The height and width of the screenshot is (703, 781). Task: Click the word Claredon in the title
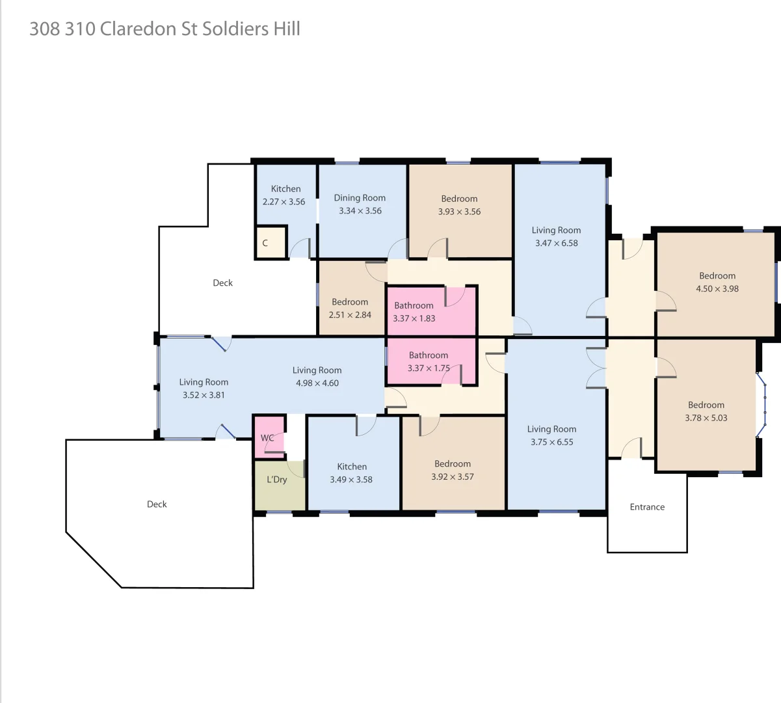[138, 29]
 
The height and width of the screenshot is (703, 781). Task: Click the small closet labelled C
[265, 243]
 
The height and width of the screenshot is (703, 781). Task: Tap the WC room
[268, 437]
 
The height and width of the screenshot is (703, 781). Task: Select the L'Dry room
[277, 480]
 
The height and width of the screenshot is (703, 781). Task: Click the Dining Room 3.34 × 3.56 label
[360, 204]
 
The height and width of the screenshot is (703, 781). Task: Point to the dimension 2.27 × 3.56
[284, 202]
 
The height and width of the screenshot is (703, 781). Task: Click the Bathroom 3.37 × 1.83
[414, 312]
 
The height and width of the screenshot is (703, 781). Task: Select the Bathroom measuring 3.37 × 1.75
[429, 362]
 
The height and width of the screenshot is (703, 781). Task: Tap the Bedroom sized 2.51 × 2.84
[350, 309]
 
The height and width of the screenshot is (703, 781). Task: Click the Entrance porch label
[647, 507]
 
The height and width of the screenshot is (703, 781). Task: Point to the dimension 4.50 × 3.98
[717, 289]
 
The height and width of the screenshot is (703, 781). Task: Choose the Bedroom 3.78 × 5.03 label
[706, 411]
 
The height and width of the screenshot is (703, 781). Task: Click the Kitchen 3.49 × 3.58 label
[352, 473]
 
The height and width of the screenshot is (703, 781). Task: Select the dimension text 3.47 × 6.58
[557, 243]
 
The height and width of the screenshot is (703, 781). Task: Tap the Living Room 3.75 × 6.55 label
[551, 435]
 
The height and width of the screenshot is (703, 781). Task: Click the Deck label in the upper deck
[222, 283]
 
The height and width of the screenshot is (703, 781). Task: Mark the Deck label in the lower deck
[157, 504]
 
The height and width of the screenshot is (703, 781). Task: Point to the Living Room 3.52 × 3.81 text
[204, 389]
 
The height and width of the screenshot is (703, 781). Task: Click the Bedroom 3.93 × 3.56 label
[459, 205]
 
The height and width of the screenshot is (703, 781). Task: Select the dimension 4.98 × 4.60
[317, 383]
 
